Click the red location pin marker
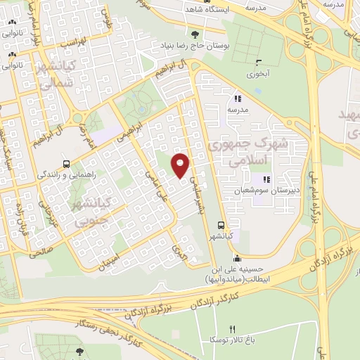coord(181,165)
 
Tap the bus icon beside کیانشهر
coord(221,226)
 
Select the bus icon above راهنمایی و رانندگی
coord(65,160)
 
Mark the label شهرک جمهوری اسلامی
coord(259,151)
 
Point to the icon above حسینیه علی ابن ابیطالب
coord(236,258)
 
